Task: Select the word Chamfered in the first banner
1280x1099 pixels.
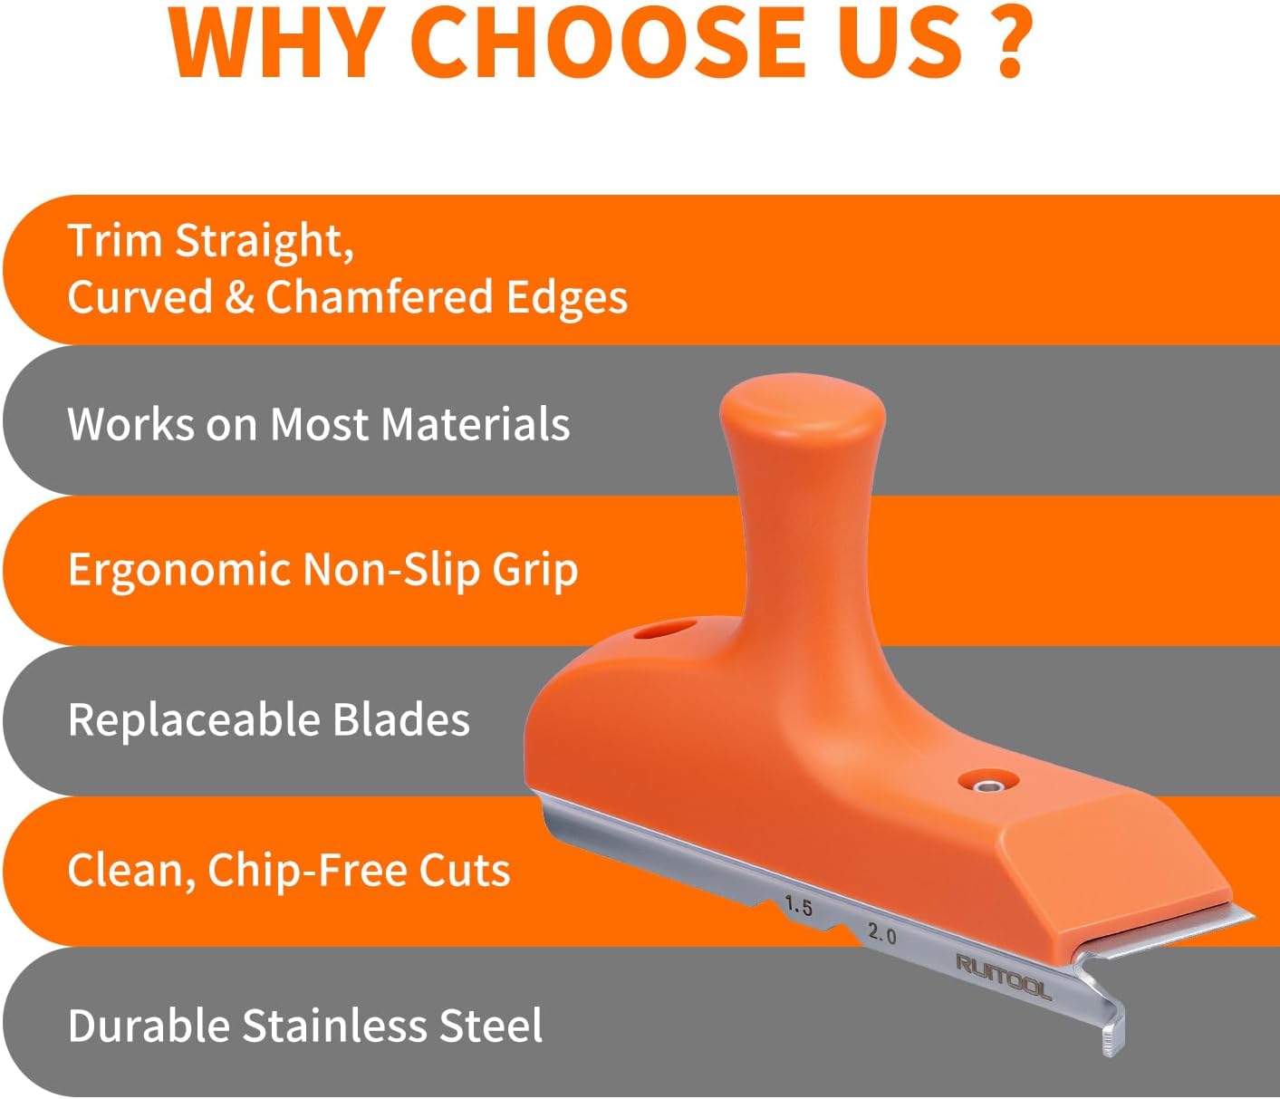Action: coord(380,296)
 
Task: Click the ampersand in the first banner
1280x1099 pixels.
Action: coord(239,297)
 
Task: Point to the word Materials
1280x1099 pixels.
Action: coord(475,424)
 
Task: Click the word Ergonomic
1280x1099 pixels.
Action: coord(179,571)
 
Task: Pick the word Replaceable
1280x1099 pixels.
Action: coord(193,719)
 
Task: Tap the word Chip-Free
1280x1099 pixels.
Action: coord(307,871)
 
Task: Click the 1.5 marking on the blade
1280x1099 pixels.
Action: coord(798,906)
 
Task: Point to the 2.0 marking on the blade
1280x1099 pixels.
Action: coord(881,932)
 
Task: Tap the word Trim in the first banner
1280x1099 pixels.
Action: coord(114,240)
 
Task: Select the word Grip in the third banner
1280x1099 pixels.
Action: coord(535,571)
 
